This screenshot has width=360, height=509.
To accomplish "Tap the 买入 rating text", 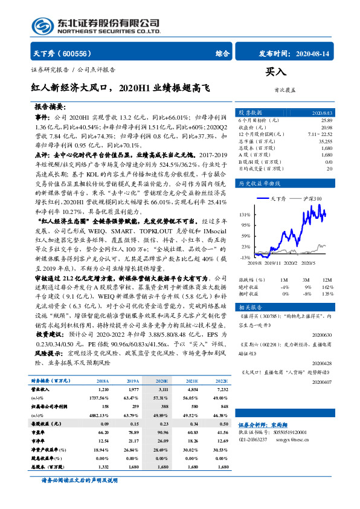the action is click(275, 72).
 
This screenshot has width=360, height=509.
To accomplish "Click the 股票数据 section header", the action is click(250, 112).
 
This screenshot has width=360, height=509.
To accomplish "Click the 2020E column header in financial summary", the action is click(162, 381).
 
